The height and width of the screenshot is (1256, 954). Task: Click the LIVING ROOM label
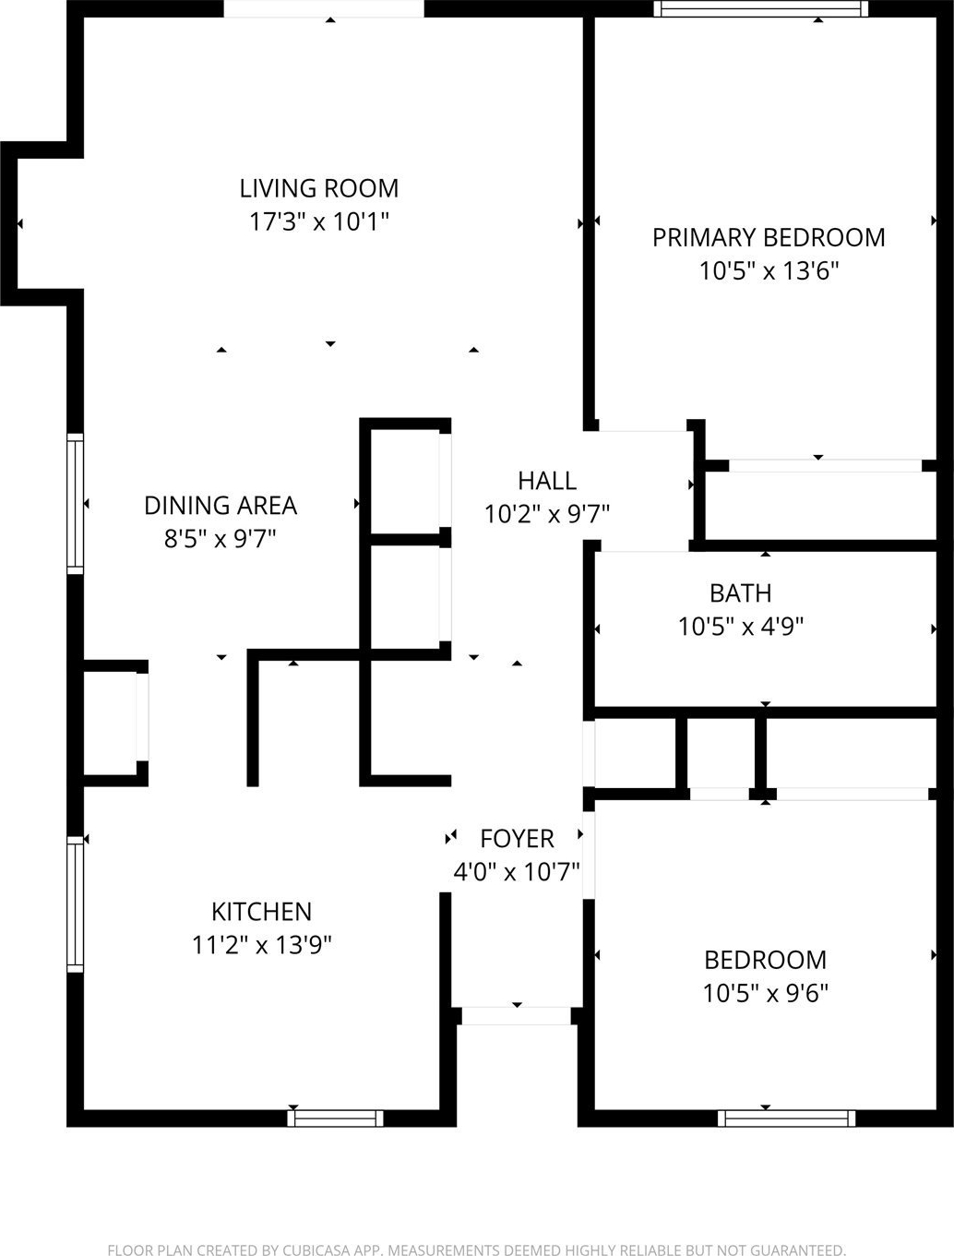[x=318, y=188]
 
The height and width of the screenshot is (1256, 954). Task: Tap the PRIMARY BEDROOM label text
[x=769, y=237]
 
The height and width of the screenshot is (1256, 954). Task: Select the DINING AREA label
[x=221, y=506]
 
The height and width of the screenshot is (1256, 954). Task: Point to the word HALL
[x=547, y=481]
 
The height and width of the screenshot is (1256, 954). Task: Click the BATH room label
[x=741, y=593]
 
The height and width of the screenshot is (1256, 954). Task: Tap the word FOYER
[x=517, y=840]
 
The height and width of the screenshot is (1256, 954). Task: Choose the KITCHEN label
[x=261, y=912]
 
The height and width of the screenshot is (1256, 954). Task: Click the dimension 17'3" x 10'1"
[x=318, y=221]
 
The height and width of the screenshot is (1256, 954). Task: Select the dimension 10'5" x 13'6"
[x=769, y=270]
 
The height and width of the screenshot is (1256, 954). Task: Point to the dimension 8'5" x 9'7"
[x=221, y=538]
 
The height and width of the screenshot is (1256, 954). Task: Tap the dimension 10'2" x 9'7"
[x=547, y=514]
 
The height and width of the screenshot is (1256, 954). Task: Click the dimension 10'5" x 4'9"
[x=741, y=627]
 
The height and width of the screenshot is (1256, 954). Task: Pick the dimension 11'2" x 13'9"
[x=261, y=945]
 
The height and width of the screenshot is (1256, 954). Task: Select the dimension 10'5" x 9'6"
[x=765, y=994]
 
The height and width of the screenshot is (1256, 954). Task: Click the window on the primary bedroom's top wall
[x=760, y=8]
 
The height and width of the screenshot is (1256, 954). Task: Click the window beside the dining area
[x=76, y=504]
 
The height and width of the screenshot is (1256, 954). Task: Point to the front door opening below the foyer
[x=517, y=1016]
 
